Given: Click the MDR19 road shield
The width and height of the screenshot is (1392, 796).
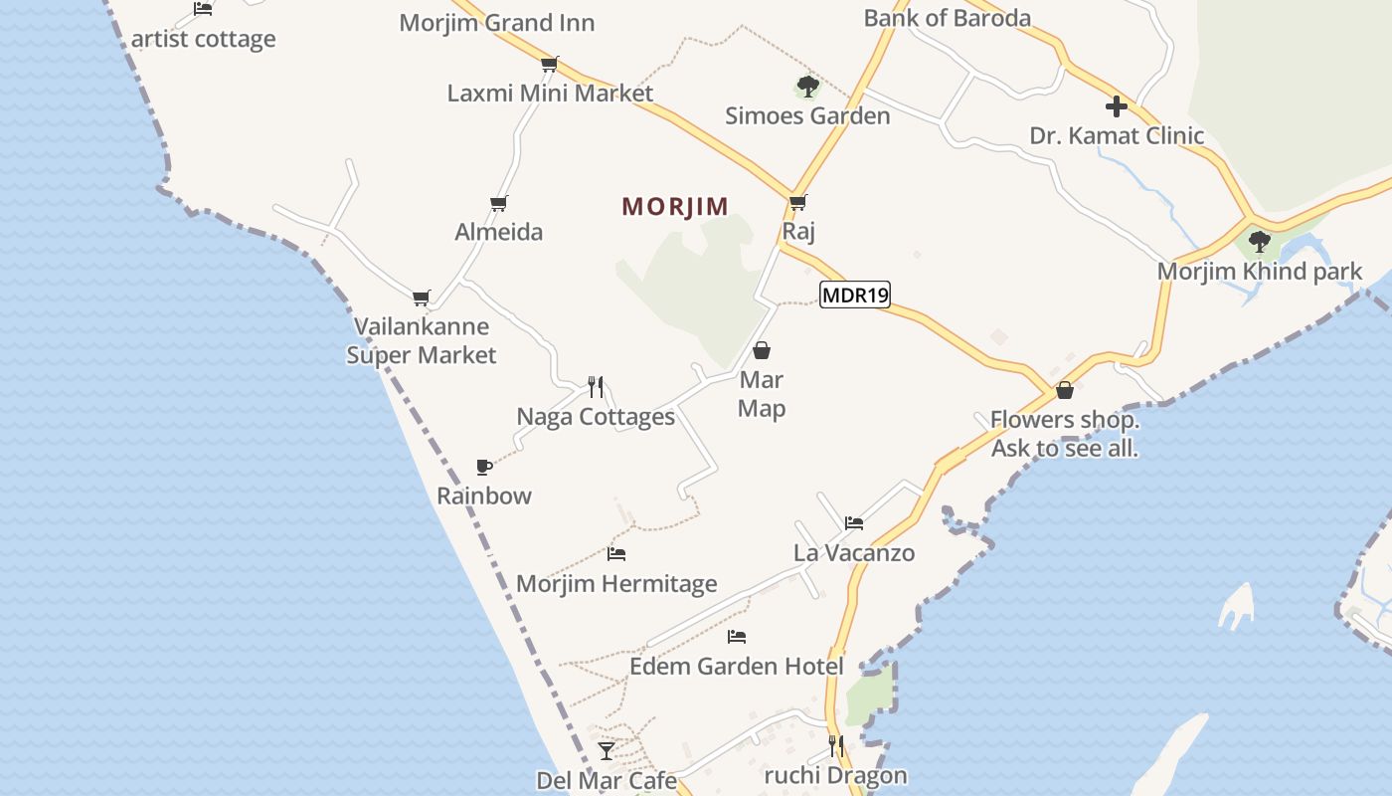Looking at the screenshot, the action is click(x=854, y=295).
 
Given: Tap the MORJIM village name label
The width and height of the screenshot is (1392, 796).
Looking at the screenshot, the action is click(x=675, y=206).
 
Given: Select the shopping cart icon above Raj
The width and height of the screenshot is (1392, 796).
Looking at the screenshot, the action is click(x=797, y=202).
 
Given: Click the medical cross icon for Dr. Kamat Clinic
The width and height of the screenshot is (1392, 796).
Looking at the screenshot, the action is click(x=1116, y=106).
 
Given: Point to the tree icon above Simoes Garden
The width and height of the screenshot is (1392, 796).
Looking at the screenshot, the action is click(x=807, y=87).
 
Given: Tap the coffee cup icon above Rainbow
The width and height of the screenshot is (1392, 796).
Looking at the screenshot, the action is click(x=483, y=466).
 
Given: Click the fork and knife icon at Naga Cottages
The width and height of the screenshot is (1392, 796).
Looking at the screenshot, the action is click(x=596, y=386).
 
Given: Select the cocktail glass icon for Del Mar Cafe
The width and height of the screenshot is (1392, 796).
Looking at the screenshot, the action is click(x=607, y=750).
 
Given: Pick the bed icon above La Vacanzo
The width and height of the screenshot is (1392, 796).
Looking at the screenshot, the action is click(x=853, y=522).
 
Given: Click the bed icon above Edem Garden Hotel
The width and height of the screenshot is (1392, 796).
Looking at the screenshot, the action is click(x=736, y=637).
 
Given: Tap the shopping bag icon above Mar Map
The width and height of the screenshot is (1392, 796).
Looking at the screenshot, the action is click(x=762, y=350).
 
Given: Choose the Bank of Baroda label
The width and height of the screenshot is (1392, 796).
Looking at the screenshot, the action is click(x=947, y=18).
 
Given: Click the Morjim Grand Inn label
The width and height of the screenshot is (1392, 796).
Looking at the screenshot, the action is click(x=497, y=23).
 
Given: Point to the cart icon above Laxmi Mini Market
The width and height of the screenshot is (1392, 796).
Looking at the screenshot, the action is click(x=549, y=65).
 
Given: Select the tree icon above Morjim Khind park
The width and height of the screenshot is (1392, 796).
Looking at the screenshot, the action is click(x=1259, y=241).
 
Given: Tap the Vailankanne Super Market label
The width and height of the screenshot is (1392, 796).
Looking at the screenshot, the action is click(x=422, y=340).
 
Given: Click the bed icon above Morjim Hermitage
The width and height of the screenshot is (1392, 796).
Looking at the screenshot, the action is click(x=616, y=554).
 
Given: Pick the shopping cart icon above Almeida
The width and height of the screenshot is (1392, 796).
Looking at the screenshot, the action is click(x=499, y=203).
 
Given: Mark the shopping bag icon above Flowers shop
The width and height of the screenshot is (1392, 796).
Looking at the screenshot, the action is click(x=1065, y=389).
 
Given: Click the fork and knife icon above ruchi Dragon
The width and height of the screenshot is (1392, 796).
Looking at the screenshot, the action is click(x=836, y=745).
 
